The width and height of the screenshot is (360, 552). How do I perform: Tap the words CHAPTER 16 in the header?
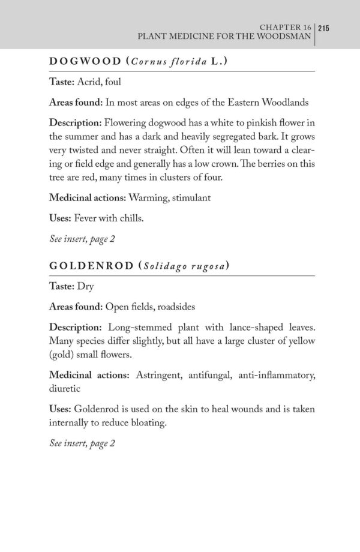pos(283,27)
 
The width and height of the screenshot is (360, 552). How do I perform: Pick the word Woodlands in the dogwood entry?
pos(286,103)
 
